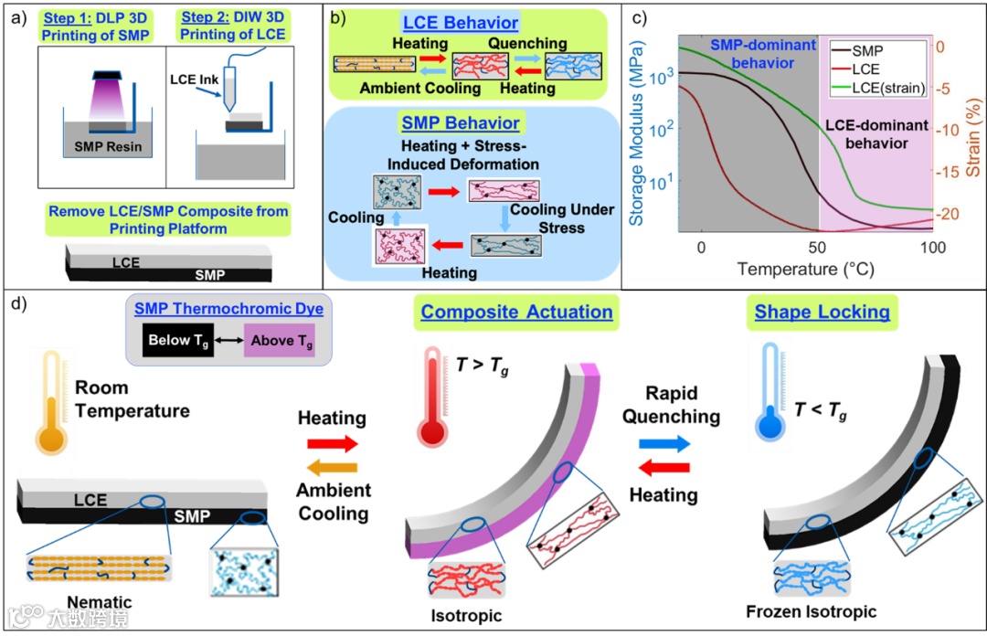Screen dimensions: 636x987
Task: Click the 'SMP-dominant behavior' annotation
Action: pyautogui.click(x=749, y=52)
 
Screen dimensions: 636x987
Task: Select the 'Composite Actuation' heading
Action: pyautogui.click(x=517, y=313)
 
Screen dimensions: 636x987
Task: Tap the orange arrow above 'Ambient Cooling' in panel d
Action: pyautogui.click(x=332, y=468)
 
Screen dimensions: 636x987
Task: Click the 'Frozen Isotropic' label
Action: pyautogui.click(x=811, y=611)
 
